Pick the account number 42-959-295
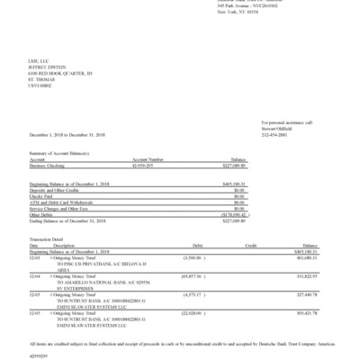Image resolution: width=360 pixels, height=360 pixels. click(x=146, y=166)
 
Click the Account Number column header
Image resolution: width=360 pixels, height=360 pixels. click(x=148, y=160)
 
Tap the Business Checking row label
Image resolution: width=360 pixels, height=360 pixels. click(x=49, y=166)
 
